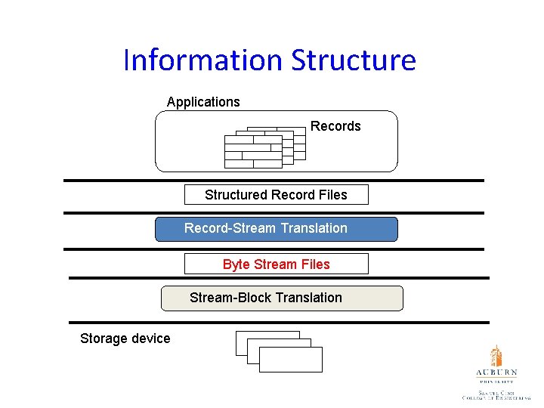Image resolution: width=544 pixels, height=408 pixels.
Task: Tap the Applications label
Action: click(203, 102)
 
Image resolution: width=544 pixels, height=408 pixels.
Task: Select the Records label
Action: click(335, 126)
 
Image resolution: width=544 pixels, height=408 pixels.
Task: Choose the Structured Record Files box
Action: click(276, 195)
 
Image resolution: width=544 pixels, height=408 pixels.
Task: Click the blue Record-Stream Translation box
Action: click(276, 229)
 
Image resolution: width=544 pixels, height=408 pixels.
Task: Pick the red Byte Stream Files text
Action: click(276, 264)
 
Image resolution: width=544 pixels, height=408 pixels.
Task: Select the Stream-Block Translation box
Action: click(282, 298)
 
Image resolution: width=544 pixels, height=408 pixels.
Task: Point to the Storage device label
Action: click(125, 338)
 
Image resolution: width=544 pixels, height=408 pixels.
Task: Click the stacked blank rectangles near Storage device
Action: click(279, 351)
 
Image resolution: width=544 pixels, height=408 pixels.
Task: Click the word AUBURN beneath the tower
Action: click(496, 373)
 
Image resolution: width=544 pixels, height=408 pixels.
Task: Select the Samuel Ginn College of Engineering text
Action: click(496, 394)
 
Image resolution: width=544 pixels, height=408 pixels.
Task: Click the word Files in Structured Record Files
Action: click(332, 195)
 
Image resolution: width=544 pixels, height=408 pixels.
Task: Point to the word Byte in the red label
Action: click(236, 264)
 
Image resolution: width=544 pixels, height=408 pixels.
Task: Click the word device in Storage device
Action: click(150, 338)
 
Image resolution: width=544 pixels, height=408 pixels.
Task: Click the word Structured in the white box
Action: click(235, 195)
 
